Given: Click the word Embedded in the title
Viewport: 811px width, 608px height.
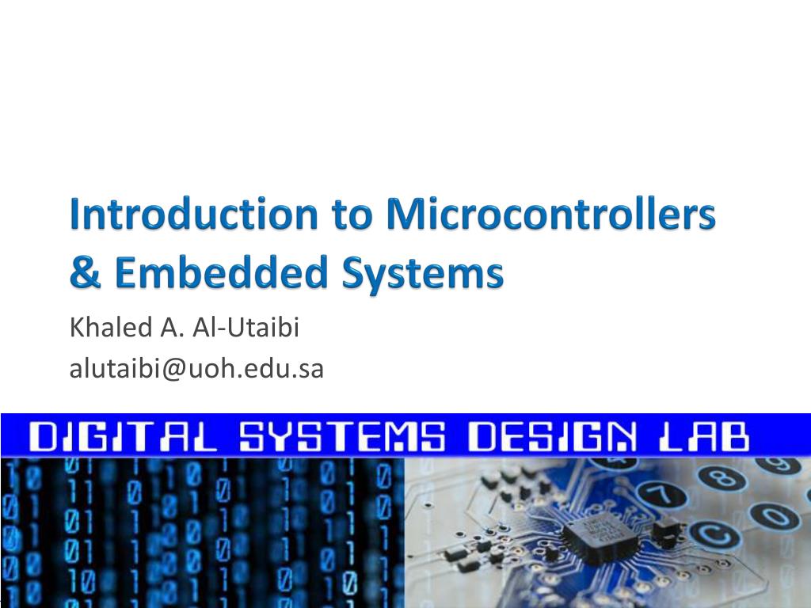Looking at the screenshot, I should point(215,273).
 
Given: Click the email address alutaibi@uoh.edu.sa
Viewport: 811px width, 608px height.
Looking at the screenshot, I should point(197,368).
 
